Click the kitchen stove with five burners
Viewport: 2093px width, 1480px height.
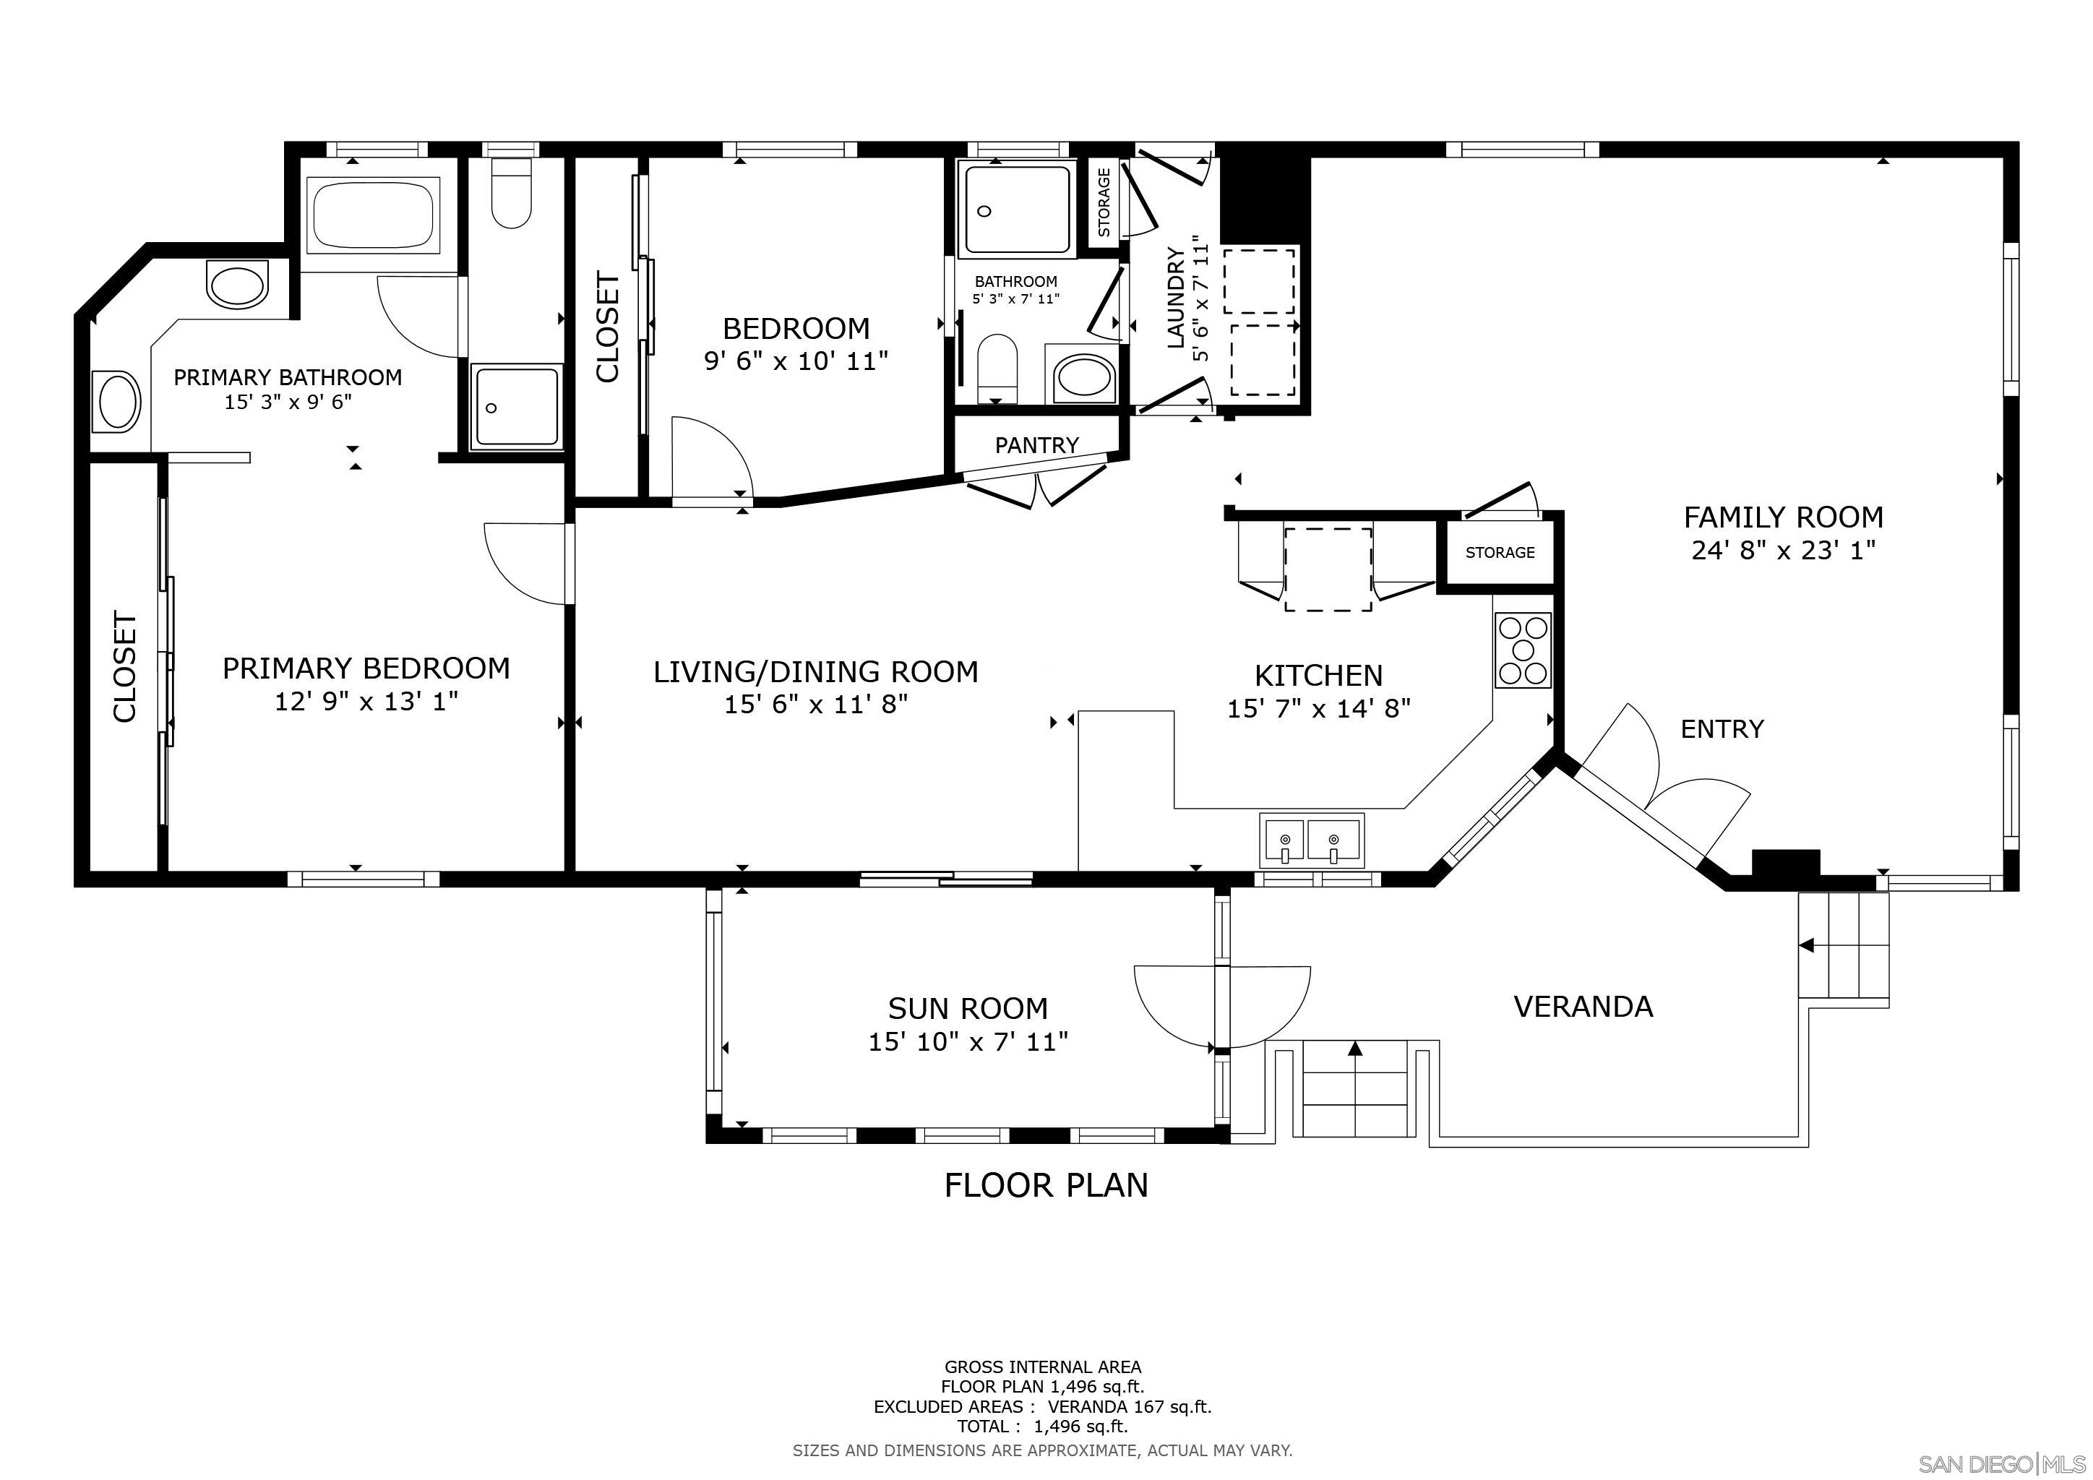tap(1522, 650)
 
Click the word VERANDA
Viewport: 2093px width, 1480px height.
tap(1583, 1006)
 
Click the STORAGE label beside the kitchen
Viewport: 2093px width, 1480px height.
tap(1500, 552)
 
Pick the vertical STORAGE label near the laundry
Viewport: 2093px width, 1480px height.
tap(1104, 202)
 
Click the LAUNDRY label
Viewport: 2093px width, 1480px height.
tap(1176, 297)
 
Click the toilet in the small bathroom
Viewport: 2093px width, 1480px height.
tap(997, 366)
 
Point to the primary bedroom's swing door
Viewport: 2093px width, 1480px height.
tap(524, 563)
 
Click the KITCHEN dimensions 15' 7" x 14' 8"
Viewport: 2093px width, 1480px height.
tap(1318, 708)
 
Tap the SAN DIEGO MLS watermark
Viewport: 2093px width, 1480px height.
tap(2001, 1463)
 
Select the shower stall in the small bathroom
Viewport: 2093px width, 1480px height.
tap(1015, 210)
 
